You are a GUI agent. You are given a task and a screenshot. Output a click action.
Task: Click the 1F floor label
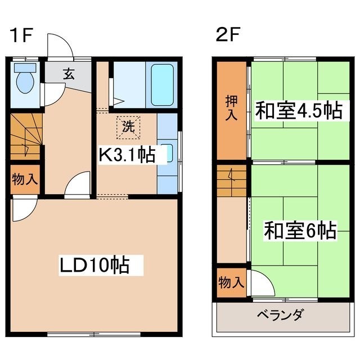click(21, 35)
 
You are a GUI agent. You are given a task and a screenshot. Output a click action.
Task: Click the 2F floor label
click(228, 34)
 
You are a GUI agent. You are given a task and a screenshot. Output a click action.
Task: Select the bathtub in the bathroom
click(162, 85)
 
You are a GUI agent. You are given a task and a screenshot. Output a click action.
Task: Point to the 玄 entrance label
click(69, 74)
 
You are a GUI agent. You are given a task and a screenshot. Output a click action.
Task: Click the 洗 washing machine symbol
click(128, 128)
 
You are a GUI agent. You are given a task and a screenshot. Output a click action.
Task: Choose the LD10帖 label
click(94, 265)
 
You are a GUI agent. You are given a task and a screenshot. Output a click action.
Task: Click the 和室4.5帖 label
click(299, 111)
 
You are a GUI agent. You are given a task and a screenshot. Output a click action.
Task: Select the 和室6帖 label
click(300, 230)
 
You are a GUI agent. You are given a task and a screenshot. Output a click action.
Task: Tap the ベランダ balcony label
click(281, 315)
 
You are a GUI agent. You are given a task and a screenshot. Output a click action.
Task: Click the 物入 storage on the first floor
click(25, 179)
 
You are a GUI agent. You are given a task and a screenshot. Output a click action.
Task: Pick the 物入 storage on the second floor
click(231, 282)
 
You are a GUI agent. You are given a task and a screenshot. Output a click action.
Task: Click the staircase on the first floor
click(26, 136)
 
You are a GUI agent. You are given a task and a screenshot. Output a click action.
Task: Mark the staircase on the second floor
click(231, 181)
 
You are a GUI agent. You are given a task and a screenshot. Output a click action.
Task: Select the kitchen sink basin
click(169, 153)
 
